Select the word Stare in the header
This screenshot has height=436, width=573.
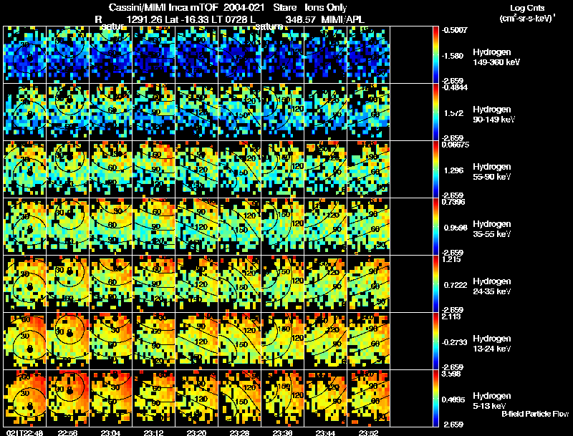[285, 7]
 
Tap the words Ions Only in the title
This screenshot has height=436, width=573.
[326, 7]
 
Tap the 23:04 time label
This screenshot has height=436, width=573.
[110, 432]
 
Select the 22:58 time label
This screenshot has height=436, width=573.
[67, 432]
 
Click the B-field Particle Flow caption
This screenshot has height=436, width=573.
[535, 414]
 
